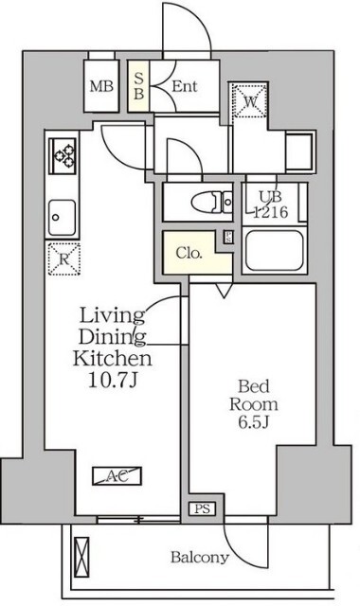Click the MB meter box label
click(x=101, y=86)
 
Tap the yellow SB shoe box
click(x=138, y=86)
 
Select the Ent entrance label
click(x=185, y=86)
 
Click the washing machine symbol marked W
click(x=250, y=101)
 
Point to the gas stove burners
click(x=63, y=155)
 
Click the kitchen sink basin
click(x=62, y=218)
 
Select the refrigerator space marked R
click(x=64, y=258)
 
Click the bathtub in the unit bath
click(x=274, y=250)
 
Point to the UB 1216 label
click(x=270, y=205)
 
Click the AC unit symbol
click(x=117, y=476)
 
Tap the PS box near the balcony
click(x=202, y=509)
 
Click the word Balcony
click(x=200, y=558)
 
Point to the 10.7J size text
click(x=113, y=381)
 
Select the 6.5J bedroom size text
click(x=254, y=422)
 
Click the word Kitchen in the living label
click(x=113, y=359)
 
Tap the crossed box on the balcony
click(x=82, y=552)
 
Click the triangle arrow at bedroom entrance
click(x=224, y=291)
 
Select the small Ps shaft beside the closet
click(x=228, y=237)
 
